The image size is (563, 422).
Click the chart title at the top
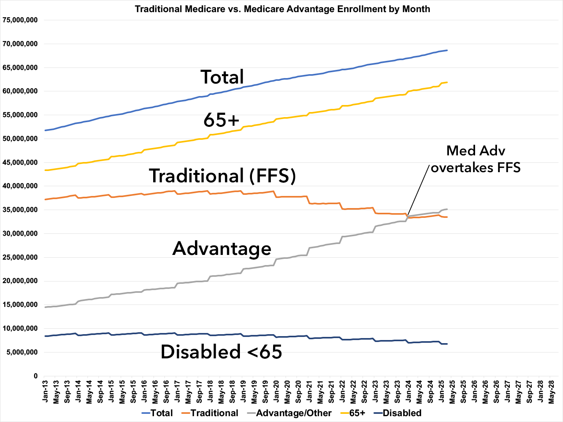pos(282,9)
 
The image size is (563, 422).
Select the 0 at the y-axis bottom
pos(36,376)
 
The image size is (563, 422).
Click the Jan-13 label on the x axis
pos(46,392)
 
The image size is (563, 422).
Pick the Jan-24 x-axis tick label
pos(408,392)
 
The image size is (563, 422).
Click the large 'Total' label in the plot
pos(222,77)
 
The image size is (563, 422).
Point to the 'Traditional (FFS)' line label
pos(222,176)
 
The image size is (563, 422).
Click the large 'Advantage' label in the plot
pos(222,248)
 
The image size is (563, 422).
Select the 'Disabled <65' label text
pos(221,352)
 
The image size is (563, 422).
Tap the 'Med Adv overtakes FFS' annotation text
pos(475,159)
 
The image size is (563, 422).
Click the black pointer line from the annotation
pos(419,190)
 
